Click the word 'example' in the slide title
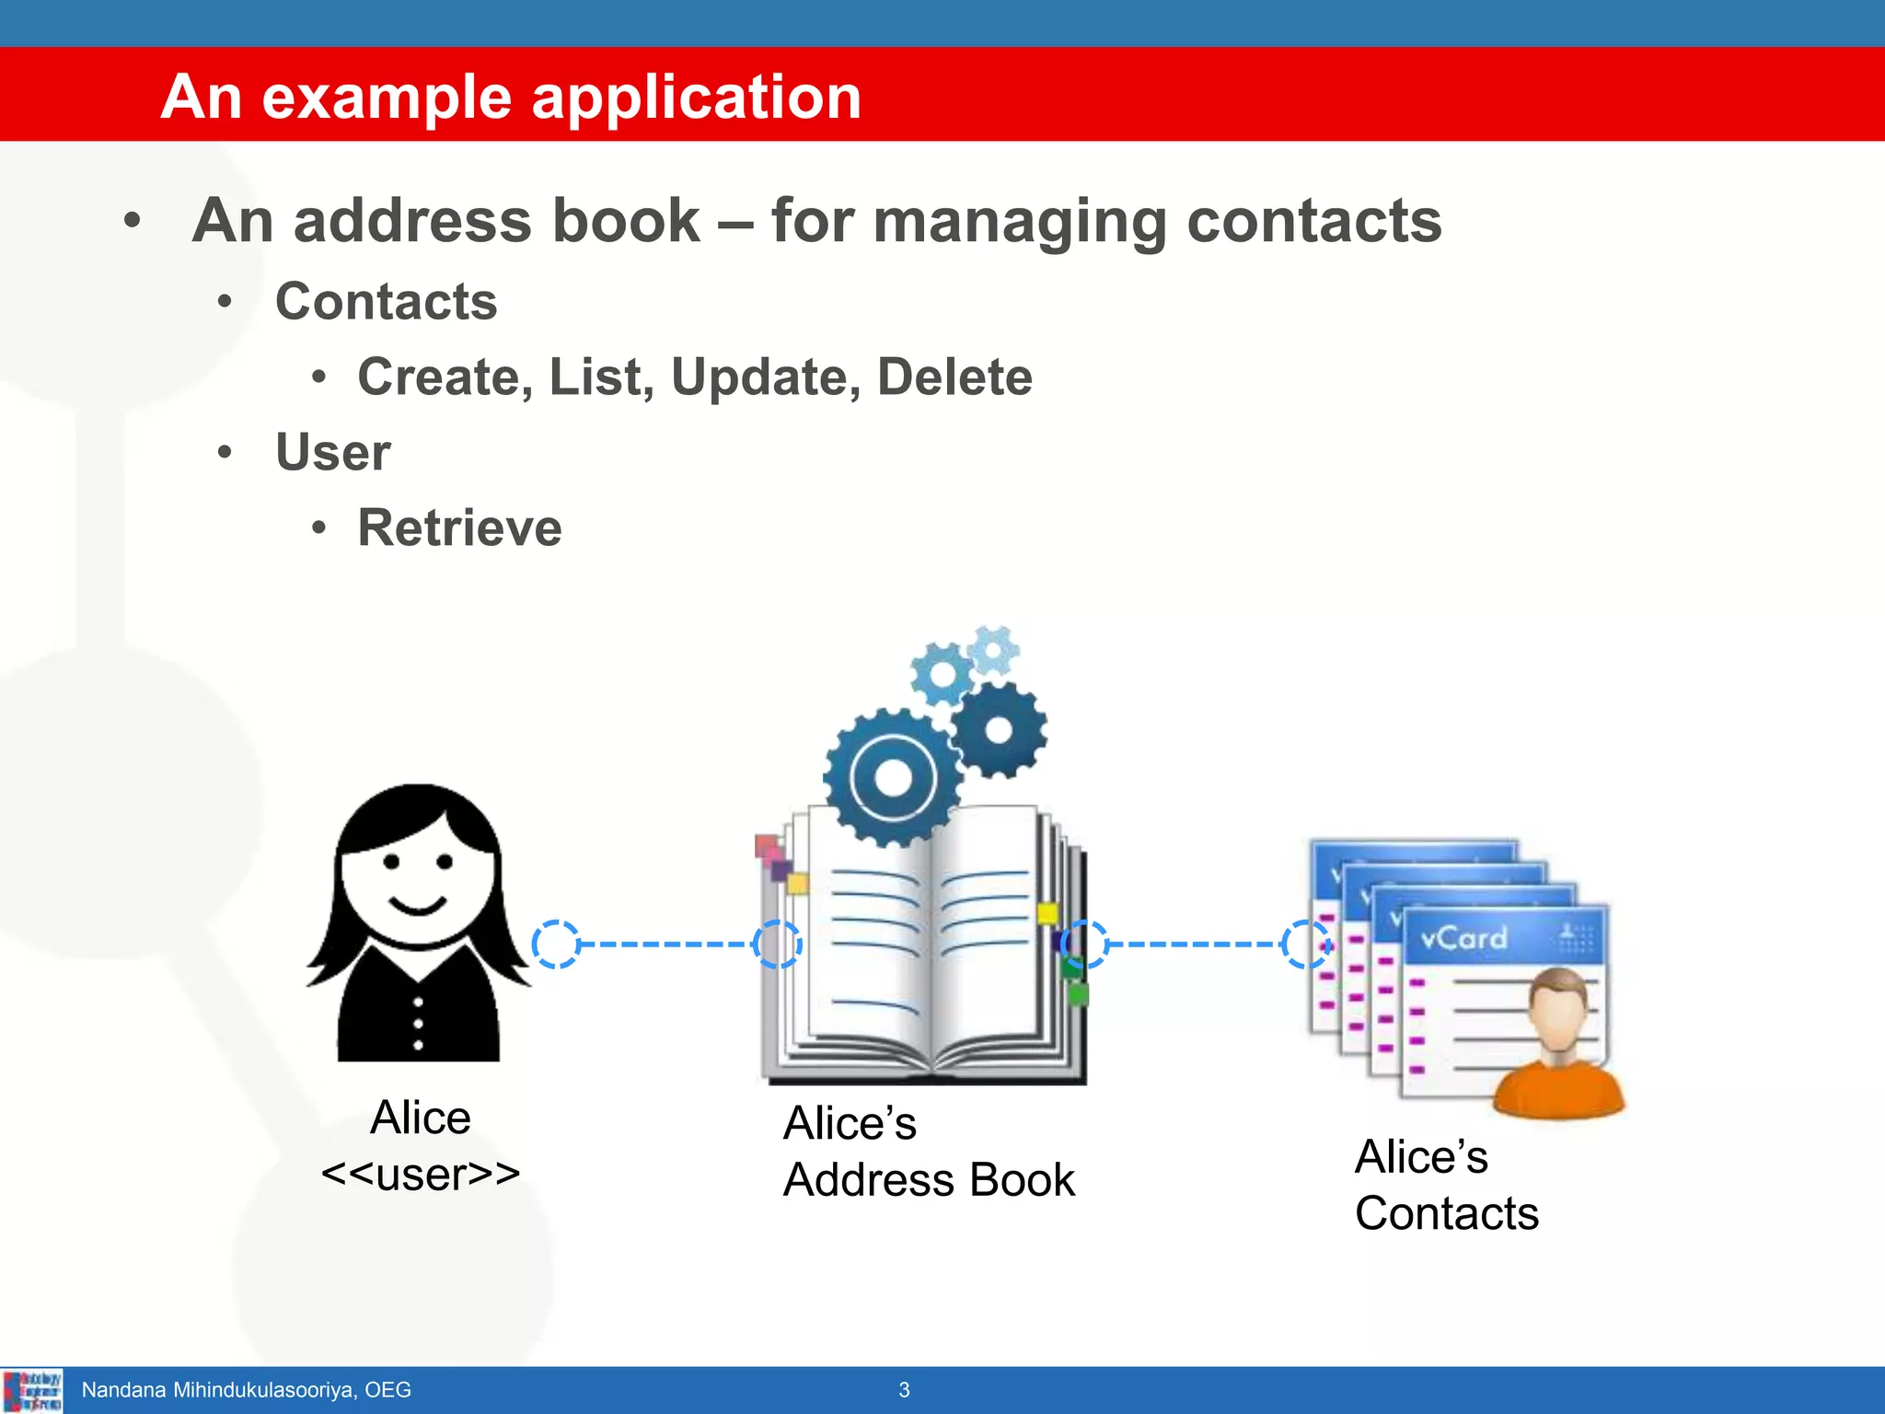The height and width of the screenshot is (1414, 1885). (x=387, y=98)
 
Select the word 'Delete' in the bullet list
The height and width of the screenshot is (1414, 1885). (x=954, y=377)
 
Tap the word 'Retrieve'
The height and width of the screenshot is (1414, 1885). (x=459, y=527)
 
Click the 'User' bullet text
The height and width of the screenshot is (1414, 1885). (x=333, y=452)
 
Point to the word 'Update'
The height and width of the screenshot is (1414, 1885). (x=766, y=377)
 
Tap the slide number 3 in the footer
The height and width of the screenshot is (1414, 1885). (x=904, y=1390)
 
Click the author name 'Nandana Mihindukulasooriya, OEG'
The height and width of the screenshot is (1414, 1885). (x=246, y=1390)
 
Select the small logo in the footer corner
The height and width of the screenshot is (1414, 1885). (x=32, y=1390)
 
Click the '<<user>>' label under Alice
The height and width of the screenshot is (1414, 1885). (x=421, y=1174)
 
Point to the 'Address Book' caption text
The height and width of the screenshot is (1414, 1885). (x=929, y=1180)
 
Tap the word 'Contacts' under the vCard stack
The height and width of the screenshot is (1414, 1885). (x=1447, y=1213)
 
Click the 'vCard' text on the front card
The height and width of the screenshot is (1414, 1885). (x=1463, y=938)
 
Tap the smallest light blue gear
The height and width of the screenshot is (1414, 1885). (x=993, y=650)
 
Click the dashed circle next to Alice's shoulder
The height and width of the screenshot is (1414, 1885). (x=556, y=945)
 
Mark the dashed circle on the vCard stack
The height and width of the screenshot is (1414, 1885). (x=1306, y=945)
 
